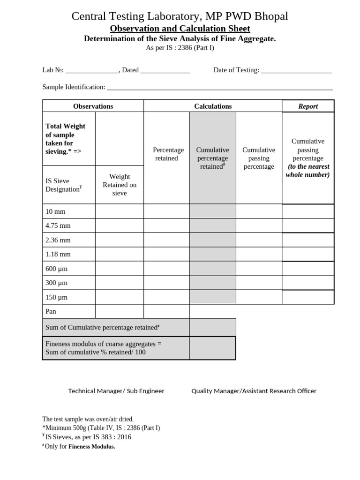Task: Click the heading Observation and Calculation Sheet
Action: click(180, 29)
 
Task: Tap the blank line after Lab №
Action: click(92, 71)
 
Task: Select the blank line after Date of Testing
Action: click(296, 71)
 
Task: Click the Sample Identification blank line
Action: click(219, 88)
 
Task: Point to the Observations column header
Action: click(93, 106)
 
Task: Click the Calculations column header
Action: click(213, 106)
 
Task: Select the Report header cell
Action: click(308, 106)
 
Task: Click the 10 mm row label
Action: click(53, 211)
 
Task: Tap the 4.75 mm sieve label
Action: click(58, 225)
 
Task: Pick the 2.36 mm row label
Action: click(58, 240)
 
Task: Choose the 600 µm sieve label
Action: click(57, 269)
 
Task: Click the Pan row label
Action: click(51, 311)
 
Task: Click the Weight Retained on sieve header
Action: click(120, 185)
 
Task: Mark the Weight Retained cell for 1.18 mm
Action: click(120, 254)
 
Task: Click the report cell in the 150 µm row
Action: click(308, 297)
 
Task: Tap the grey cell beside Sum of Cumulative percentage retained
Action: click(212, 327)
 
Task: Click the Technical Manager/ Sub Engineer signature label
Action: click(116, 391)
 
